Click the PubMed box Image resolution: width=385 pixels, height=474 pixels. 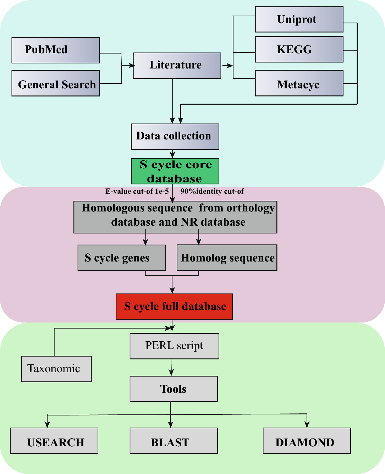55,50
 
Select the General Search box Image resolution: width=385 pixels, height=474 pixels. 55,83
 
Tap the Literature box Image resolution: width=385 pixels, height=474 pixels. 177,66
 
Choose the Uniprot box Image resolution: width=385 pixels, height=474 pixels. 299,19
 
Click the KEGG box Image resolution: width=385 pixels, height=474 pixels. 299,49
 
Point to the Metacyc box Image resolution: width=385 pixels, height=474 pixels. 299,83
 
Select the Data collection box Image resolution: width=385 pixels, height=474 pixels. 175,137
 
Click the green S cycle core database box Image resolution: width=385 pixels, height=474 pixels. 175,171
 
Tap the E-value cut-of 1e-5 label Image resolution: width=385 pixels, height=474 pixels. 137,191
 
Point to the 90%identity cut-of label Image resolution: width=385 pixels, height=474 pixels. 212,191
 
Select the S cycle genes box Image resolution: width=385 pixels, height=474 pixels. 122,258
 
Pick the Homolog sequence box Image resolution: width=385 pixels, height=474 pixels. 227,258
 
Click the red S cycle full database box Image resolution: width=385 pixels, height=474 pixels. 174,307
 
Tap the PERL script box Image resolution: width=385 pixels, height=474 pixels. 174,346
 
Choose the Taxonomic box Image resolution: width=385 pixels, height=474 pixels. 56,369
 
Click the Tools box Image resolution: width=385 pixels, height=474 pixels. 174,389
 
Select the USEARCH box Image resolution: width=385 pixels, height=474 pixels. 54,441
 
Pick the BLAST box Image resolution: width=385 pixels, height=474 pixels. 174,441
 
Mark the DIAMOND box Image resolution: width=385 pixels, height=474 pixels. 307,441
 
